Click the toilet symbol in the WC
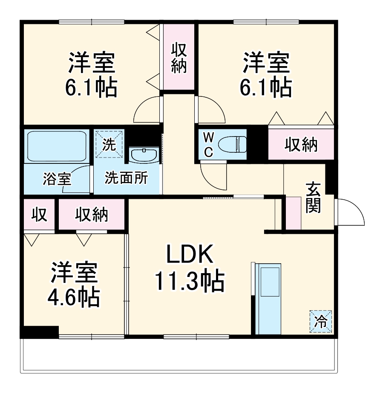pyautogui.click(x=233, y=144)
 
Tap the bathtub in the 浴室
pyautogui.click(x=57, y=146)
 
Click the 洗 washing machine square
pyautogui.click(x=109, y=144)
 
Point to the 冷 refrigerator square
pyautogui.click(x=321, y=322)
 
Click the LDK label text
pyautogui.click(x=190, y=254)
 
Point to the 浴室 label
pyautogui.click(x=57, y=179)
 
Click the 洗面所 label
pyautogui.click(x=127, y=178)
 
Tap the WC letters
pyautogui.click(x=208, y=145)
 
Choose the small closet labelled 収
pyautogui.click(x=39, y=215)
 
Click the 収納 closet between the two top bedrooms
pyautogui.click(x=179, y=57)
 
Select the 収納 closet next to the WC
pyautogui.click(x=301, y=144)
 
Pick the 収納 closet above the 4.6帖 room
pyautogui.click(x=92, y=215)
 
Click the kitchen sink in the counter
pyautogui.click(x=270, y=282)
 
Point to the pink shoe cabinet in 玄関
pyautogui.click(x=293, y=213)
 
